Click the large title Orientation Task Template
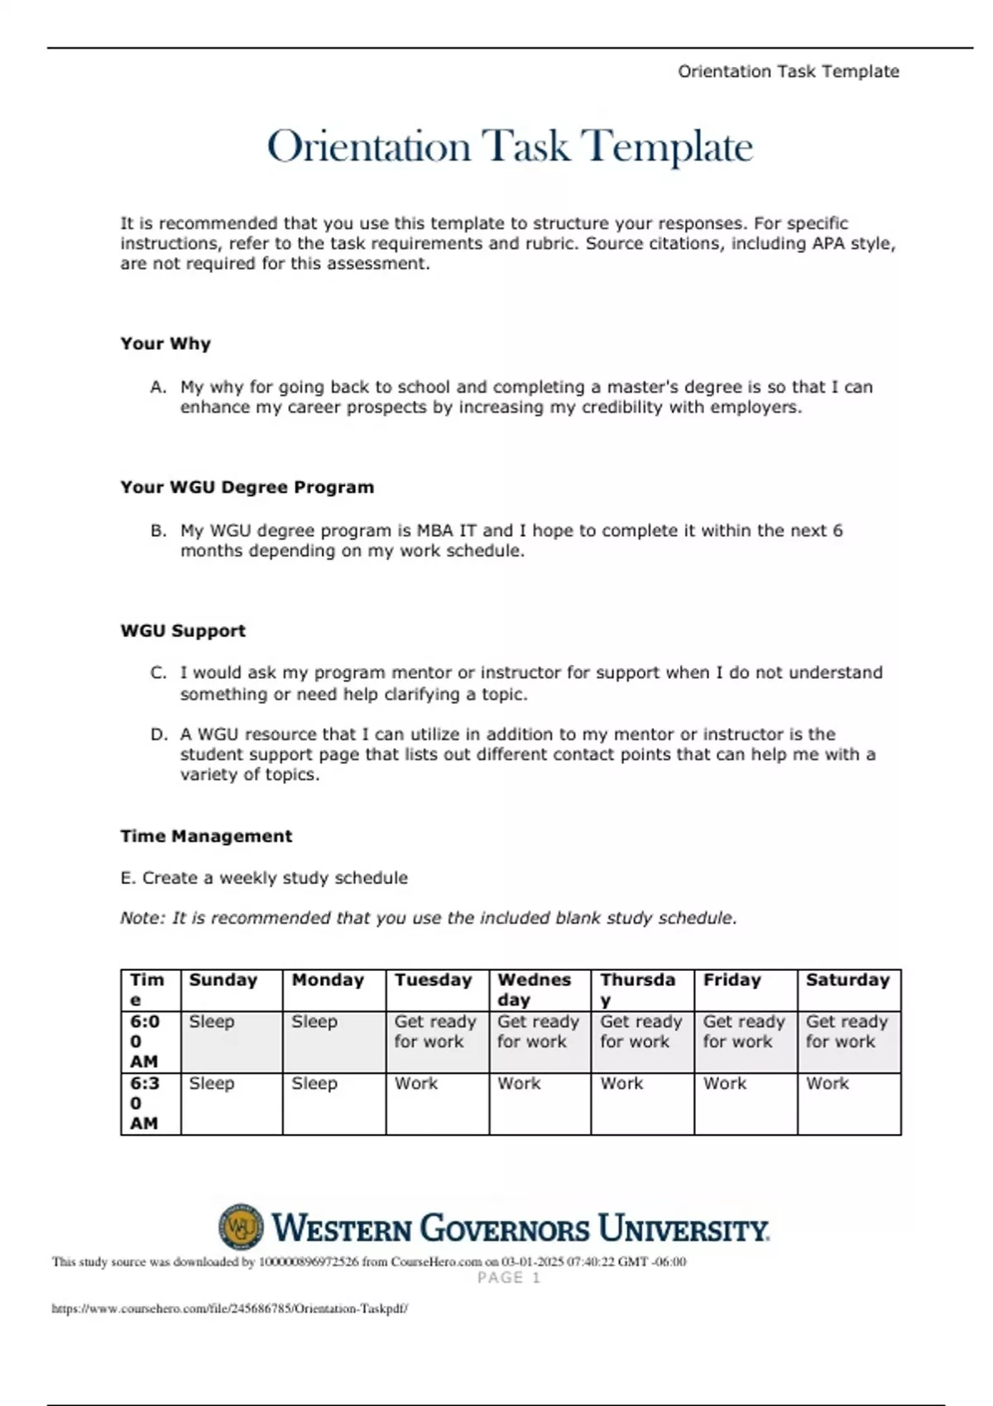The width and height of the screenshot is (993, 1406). (x=510, y=147)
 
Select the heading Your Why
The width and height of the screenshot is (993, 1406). (x=165, y=344)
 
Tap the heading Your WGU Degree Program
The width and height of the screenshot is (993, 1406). (x=247, y=487)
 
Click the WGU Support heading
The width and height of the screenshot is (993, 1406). (x=183, y=631)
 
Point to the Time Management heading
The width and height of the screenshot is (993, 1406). (x=206, y=836)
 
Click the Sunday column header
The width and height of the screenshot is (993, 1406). (x=223, y=980)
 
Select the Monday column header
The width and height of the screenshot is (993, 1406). (x=328, y=980)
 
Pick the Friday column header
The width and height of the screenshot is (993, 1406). (x=732, y=980)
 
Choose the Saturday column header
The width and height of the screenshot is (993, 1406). (x=847, y=980)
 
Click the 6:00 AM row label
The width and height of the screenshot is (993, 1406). (x=145, y=1041)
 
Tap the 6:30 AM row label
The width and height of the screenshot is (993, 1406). (x=145, y=1103)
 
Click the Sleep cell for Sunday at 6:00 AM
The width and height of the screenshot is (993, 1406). (x=212, y=1022)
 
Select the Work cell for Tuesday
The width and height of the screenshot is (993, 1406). (x=416, y=1083)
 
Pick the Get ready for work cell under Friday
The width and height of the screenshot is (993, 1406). (x=743, y=1032)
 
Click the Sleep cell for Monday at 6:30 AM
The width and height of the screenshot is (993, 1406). (x=314, y=1083)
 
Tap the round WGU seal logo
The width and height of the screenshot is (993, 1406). (x=241, y=1227)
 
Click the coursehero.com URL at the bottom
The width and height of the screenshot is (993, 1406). (x=229, y=1309)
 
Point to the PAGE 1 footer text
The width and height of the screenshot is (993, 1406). (x=508, y=1279)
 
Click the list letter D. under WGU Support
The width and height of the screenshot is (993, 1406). (x=159, y=734)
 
